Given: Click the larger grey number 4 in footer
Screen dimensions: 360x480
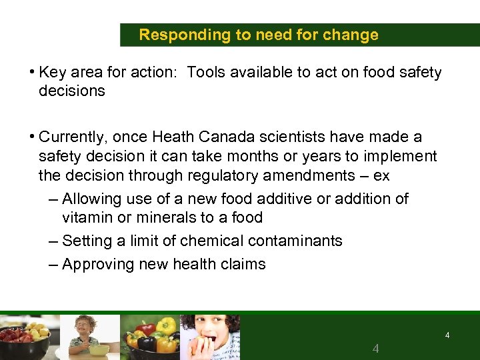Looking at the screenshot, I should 376,349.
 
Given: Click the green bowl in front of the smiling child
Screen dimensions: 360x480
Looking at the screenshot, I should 99,349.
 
